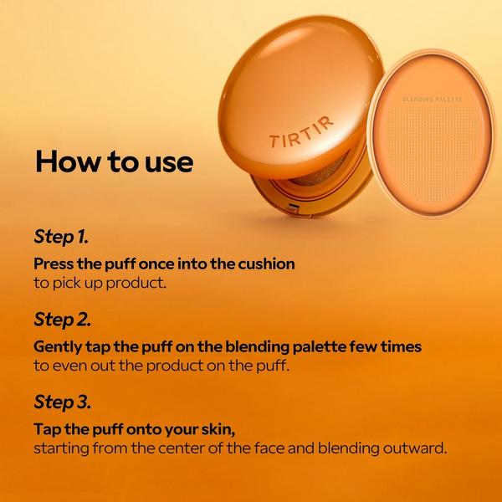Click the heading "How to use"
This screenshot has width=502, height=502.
(x=113, y=161)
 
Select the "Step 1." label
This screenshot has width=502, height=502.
(x=62, y=237)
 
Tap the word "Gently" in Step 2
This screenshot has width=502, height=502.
(x=59, y=346)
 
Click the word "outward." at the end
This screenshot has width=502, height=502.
(x=415, y=448)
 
